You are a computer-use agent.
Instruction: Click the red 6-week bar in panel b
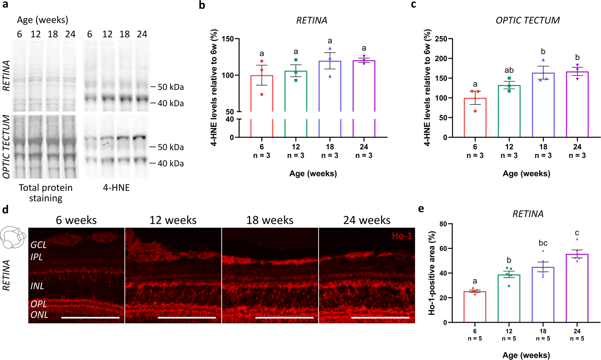[262, 93]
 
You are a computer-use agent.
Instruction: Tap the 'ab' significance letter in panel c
[509, 70]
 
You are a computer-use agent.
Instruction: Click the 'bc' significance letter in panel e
[543, 243]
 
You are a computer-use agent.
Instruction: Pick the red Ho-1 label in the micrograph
[402, 236]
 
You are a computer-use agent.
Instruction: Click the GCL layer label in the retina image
[39, 245]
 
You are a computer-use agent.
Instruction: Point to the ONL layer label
[39, 315]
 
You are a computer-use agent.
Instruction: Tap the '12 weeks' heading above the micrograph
[173, 220]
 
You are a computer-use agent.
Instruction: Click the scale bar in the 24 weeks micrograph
[380, 317]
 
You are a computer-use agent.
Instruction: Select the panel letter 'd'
[5, 209]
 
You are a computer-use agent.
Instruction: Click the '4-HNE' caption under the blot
[116, 188]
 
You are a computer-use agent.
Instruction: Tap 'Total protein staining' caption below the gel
[45, 193]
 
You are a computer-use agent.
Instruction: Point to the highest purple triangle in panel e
[577, 239]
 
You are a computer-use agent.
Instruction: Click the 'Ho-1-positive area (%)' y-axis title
[431, 273]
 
